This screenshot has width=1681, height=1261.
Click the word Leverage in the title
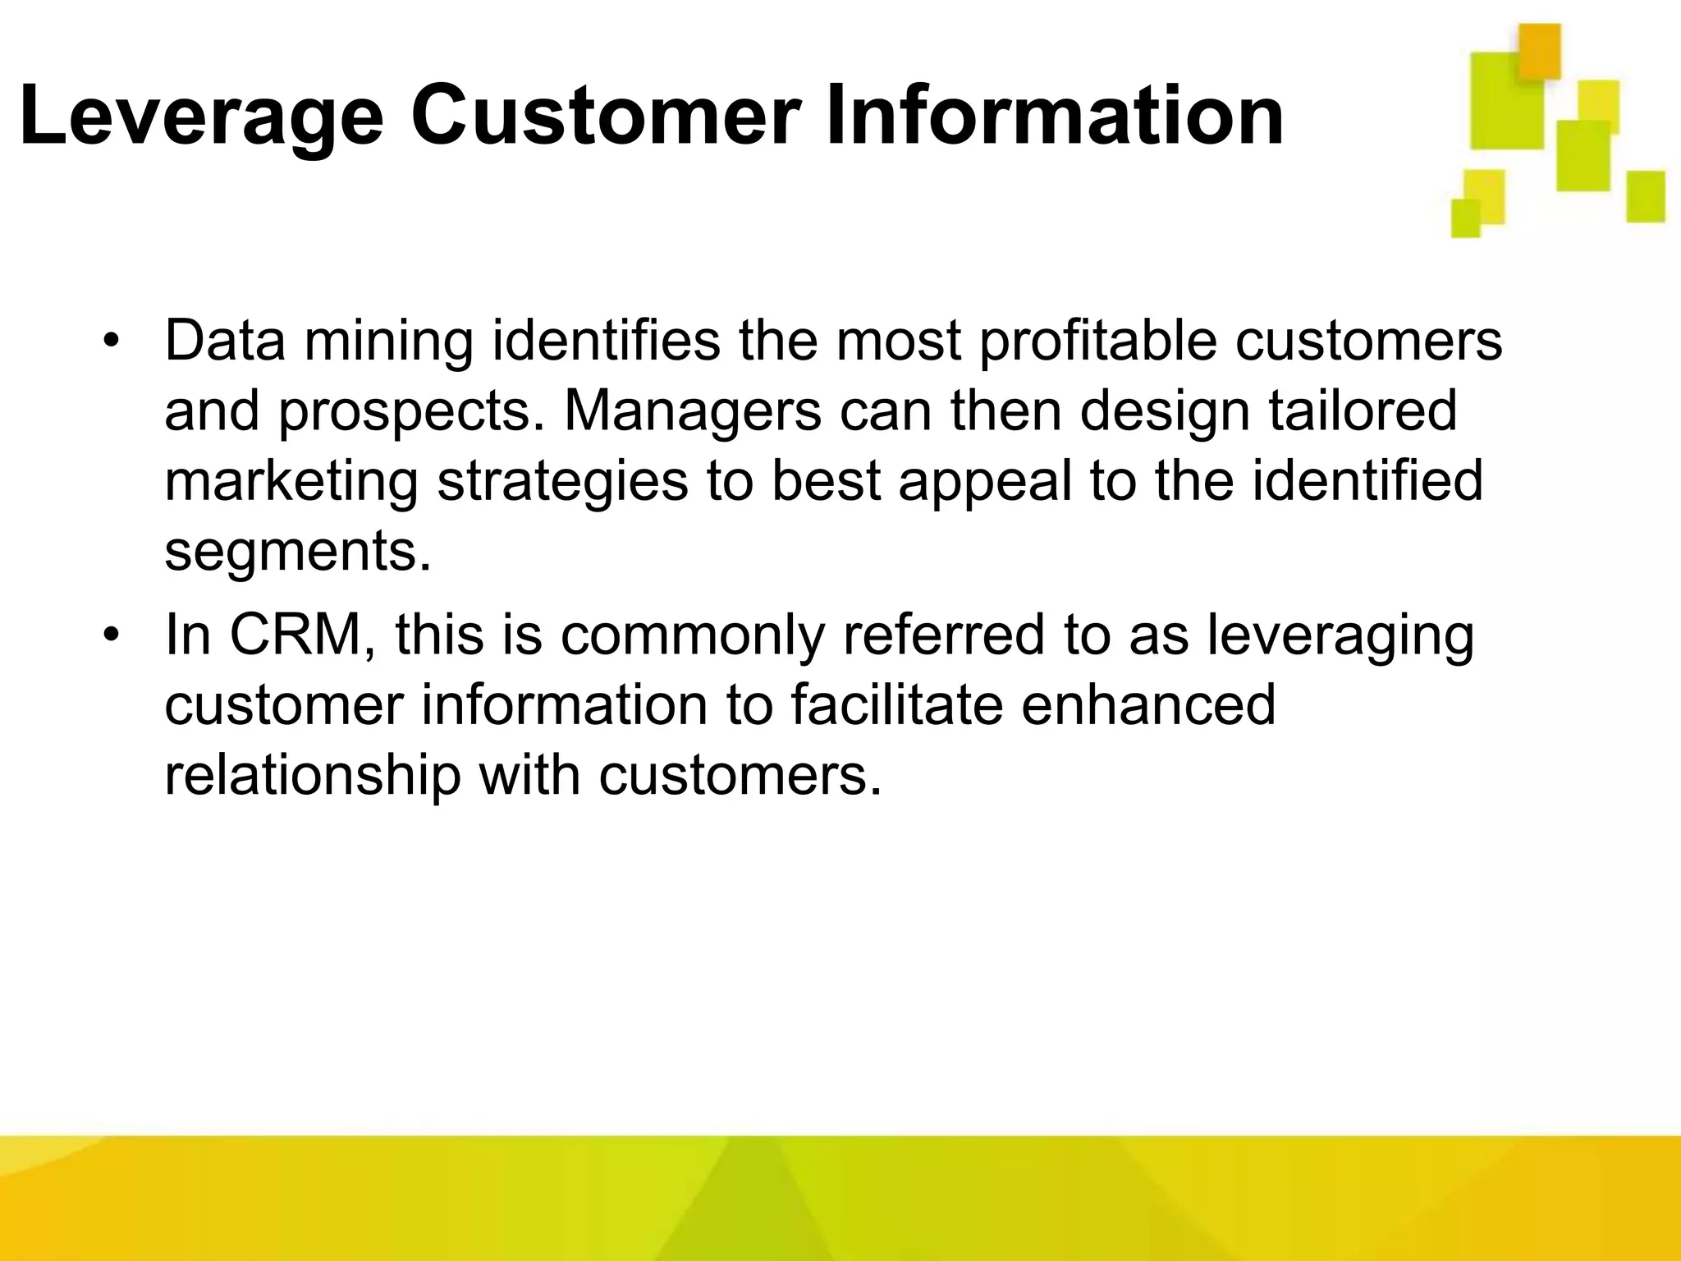(x=200, y=117)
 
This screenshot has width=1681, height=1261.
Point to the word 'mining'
(x=389, y=342)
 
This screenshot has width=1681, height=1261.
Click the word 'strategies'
(x=562, y=483)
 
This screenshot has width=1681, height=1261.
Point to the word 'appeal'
(x=985, y=483)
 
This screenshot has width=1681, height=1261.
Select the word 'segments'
(x=297, y=552)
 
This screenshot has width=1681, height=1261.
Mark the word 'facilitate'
(x=896, y=704)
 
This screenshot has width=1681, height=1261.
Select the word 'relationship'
(x=312, y=776)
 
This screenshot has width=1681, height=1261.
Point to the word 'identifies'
(x=605, y=341)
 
